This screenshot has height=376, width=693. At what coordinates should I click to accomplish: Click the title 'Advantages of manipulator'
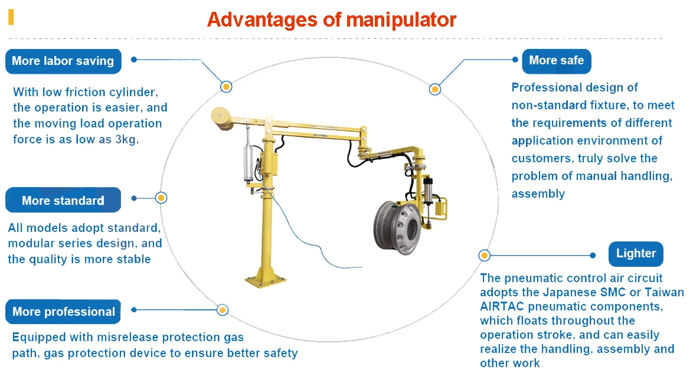(331, 19)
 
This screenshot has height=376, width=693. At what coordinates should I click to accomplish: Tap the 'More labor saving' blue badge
(63, 61)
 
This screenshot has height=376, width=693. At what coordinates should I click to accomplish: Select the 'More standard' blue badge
(63, 201)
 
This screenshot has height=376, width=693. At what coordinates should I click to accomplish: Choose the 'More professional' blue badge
(63, 312)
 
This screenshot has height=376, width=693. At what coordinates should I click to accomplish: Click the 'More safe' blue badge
(556, 60)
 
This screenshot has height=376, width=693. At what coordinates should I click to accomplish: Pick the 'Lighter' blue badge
(636, 253)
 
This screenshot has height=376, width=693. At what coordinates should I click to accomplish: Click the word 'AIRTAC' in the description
(502, 306)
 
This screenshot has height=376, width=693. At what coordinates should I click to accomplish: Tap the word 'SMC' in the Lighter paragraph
(611, 292)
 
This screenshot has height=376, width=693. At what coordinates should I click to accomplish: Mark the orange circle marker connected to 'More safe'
(435, 90)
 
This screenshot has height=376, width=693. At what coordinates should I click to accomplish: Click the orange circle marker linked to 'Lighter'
(484, 256)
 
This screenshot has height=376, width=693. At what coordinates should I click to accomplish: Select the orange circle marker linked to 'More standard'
(161, 198)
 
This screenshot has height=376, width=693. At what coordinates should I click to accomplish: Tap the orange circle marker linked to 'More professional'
(223, 309)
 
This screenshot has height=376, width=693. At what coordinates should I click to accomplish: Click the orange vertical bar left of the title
(11, 17)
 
